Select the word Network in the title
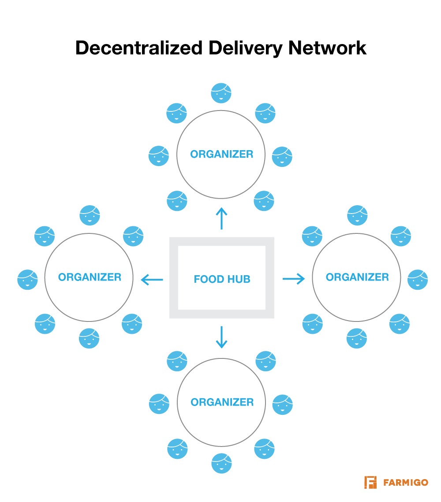click(327, 48)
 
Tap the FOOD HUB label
click(222, 279)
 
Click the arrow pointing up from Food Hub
click(221, 218)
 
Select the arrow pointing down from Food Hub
click(221, 337)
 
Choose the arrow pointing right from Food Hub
click(293, 278)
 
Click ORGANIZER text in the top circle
click(221, 155)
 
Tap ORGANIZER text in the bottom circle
click(222, 402)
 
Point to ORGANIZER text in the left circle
click(90, 277)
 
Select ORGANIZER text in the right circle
click(357, 277)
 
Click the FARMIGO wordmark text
click(405, 483)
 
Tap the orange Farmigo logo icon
click(370, 482)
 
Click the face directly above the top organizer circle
click(221, 93)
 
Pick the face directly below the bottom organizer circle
click(221, 463)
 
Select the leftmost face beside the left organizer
click(27, 280)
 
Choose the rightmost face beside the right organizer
click(418, 280)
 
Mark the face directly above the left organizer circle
click(90, 215)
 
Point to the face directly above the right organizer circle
click(357, 215)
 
